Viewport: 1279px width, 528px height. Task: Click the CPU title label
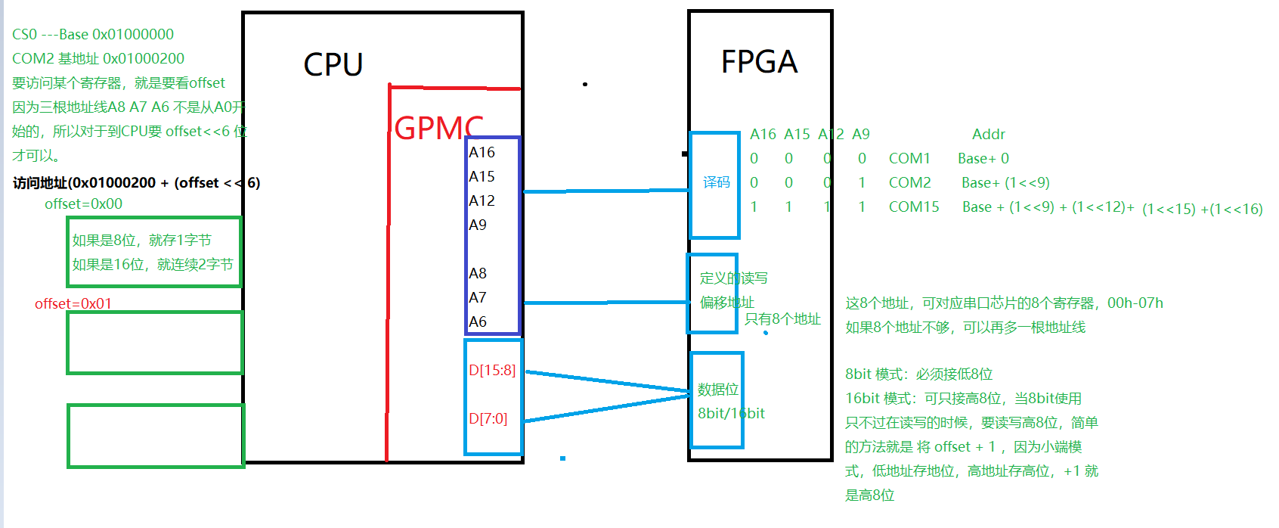coord(333,65)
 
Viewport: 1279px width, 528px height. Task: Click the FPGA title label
coord(759,62)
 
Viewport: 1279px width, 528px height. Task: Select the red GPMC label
coord(438,128)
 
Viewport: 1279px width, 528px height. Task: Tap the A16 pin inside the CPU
coord(482,153)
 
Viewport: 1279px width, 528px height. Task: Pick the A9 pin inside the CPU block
coord(478,225)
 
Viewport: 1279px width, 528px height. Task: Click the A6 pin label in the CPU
coord(478,322)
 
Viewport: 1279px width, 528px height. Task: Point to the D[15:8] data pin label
coord(492,371)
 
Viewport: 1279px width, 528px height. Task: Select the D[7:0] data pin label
coord(488,419)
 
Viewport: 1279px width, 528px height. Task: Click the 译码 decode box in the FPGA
coord(716,182)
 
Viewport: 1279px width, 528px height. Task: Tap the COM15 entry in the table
coord(914,207)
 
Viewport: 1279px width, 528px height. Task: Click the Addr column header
coord(989,135)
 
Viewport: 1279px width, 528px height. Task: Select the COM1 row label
coord(909,159)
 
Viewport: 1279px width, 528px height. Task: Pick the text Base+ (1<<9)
coord(1005,183)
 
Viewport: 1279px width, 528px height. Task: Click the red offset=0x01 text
coord(73,304)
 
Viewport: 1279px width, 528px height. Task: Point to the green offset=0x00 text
coord(83,204)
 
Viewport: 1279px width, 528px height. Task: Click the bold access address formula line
coord(136,183)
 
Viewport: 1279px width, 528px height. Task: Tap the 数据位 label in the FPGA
coord(717,390)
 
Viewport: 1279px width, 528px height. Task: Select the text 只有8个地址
coord(782,319)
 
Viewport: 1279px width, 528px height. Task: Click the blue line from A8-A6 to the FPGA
coord(605,303)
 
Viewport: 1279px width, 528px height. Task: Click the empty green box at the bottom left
coord(156,436)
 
